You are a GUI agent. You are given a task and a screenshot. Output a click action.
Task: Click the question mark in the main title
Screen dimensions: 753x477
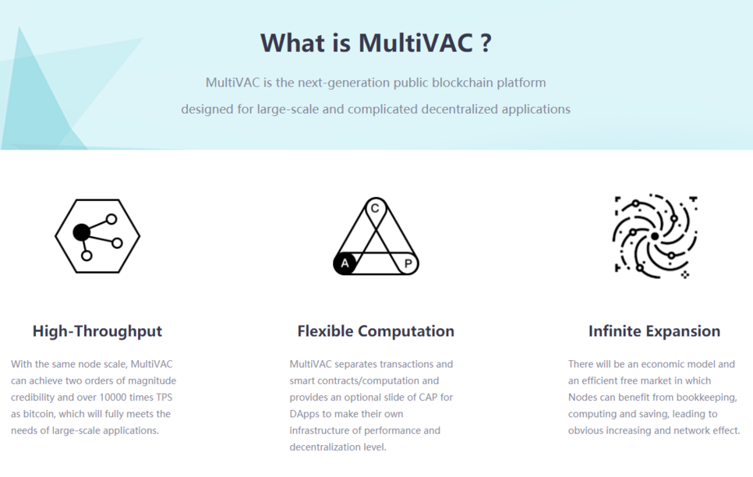pyautogui.click(x=486, y=43)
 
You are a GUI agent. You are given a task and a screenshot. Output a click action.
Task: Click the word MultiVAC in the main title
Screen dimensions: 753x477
pyautogui.click(x=415, y=43)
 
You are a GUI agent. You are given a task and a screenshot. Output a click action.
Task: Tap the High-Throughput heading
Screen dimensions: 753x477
pyautogui.click(x=97, y=331)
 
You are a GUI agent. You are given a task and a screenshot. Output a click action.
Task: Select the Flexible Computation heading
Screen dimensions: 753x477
pyautogui.click(x=376, y=331)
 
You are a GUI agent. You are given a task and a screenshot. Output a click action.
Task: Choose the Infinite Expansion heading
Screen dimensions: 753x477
pyautogui.click(x=654, y=331)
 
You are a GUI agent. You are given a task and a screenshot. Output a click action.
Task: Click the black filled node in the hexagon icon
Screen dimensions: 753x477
pyautogui.click(x=81, y=232)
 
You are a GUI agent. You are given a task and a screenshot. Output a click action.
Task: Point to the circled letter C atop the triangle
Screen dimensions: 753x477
pyautogui.click(x=375, y=208)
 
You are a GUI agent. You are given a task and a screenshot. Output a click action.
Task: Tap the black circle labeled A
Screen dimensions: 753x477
pyautogui.click(x=345, y=263)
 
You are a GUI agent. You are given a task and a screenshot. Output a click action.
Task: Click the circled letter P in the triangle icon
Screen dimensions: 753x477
pyautogui.click(x=408, y=263)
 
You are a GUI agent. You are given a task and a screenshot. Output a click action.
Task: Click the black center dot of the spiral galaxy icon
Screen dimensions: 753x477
pyautogui.click(x=655, y=236)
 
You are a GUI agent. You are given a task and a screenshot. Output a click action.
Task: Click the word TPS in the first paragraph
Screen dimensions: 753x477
pyautogui.click(x=164, y=397)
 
